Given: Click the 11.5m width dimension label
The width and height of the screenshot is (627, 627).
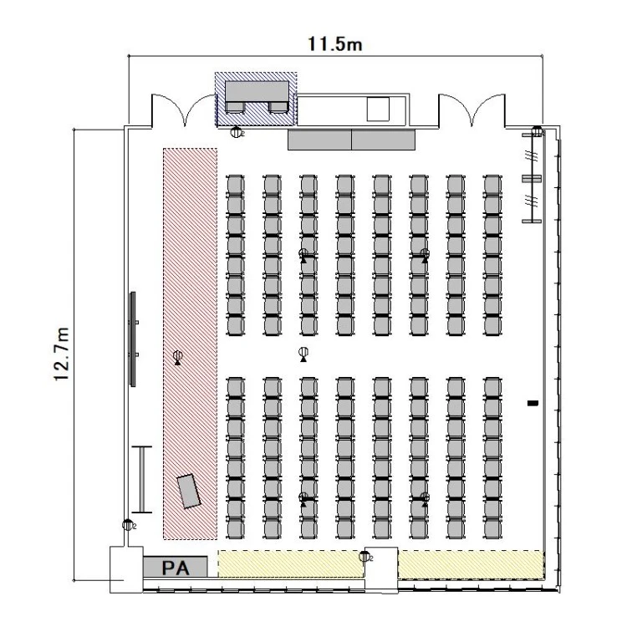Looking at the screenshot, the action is [334, 44].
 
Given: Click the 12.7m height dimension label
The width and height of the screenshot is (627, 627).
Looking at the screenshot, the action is [62, 354].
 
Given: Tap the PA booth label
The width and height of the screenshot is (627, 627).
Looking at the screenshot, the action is [176, 568].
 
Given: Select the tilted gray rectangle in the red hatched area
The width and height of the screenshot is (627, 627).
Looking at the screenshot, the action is [189, 491].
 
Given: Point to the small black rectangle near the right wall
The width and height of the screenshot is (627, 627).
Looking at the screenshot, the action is [533, 403].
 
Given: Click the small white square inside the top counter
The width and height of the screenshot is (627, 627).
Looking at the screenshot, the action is [378, 109].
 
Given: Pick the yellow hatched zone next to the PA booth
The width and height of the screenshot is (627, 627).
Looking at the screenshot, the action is [290, 563].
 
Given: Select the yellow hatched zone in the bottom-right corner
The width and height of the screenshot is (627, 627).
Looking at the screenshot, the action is [471, 564].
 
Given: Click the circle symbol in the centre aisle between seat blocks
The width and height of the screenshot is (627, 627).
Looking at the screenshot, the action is [303, 352].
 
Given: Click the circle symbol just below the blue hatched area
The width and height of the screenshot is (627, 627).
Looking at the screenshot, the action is [237, 132].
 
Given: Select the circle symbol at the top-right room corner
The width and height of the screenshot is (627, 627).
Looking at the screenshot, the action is [537, 130].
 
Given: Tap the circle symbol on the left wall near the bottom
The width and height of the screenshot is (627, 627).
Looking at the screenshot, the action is [127, 525].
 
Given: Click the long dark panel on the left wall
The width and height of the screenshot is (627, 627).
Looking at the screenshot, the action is [133, 339].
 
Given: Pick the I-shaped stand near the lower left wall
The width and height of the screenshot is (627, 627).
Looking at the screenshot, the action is [142, 480].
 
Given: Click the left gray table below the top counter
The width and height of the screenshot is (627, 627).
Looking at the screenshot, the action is [319, 140].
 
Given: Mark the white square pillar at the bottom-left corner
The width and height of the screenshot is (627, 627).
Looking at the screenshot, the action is [126, 569].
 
